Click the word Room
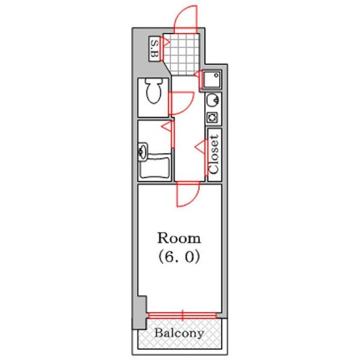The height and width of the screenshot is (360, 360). tap(179, 238)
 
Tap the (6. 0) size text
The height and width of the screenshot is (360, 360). tap(179, 257)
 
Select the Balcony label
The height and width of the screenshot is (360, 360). tap(179, 333)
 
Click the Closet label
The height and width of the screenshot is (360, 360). tap(214, 155)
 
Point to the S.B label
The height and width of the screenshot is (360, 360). tap(155, 49)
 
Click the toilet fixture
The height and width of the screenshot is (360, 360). tap(154, 91)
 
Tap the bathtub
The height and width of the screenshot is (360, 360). tap(155, 166)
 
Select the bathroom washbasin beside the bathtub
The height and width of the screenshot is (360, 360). tap(143, 152)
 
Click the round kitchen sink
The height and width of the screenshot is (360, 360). tap(212, 100)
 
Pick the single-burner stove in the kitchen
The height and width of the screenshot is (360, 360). tap(212, 118)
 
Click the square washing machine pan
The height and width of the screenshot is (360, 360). tap(212, 80)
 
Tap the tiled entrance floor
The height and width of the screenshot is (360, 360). tap(182, 54)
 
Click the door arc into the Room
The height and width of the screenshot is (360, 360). tap(191, 199)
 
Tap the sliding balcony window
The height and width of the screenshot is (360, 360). tap(182, 316)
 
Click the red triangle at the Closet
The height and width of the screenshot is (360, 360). tap(199, 146)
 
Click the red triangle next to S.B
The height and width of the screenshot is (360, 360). tap(166, 42)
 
